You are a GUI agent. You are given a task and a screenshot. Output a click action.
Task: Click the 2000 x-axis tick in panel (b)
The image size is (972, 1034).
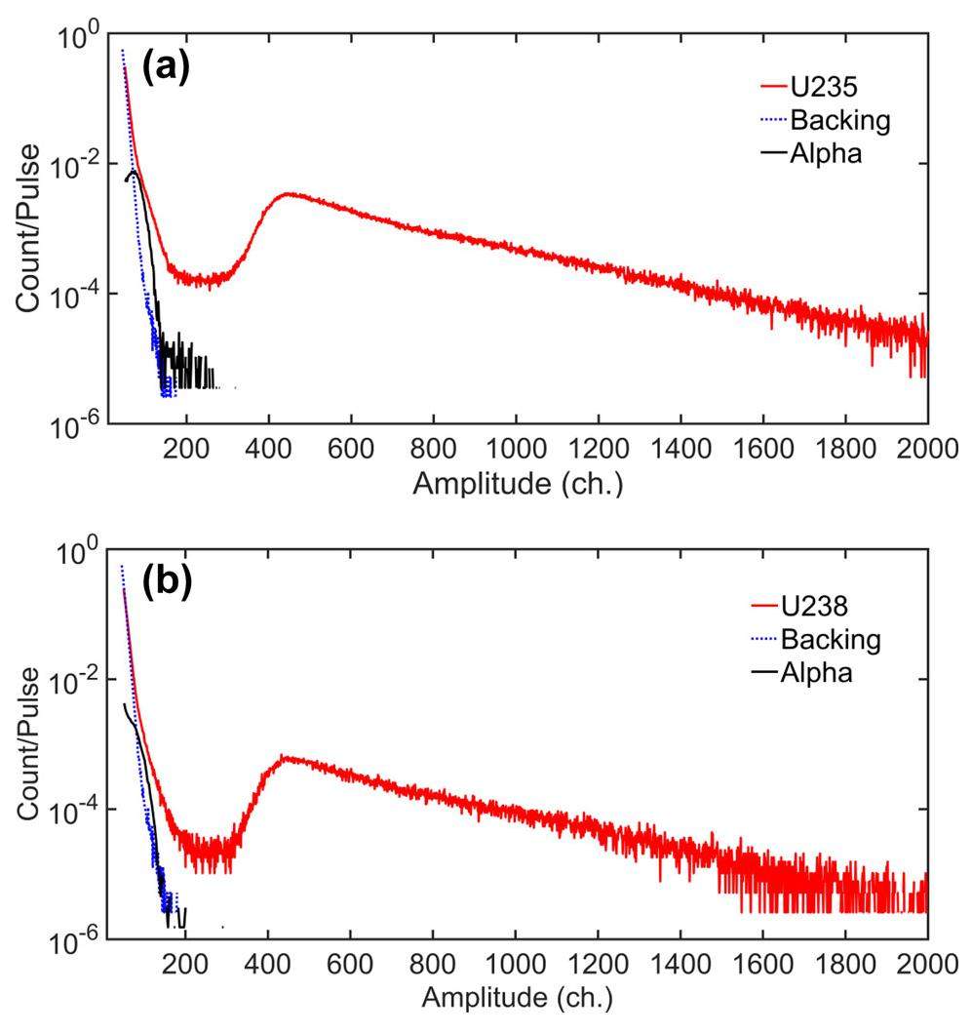pos(927,967)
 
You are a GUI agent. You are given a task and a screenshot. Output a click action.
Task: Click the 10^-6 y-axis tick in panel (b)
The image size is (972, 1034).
pos(73,939)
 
